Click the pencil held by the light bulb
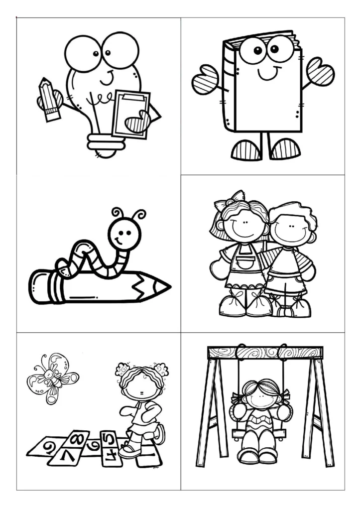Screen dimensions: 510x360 point(49,99)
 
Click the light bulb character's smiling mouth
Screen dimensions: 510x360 point(107,79)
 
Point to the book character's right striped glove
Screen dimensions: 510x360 point(320,72)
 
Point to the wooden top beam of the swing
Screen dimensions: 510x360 point(265,353)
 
